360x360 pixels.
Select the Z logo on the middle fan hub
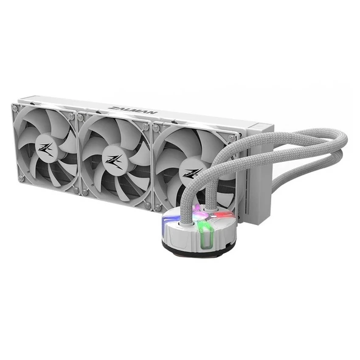(114, 160)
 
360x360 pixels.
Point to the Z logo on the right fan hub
(192, 173)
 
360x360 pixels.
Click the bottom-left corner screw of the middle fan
(85, 193)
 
